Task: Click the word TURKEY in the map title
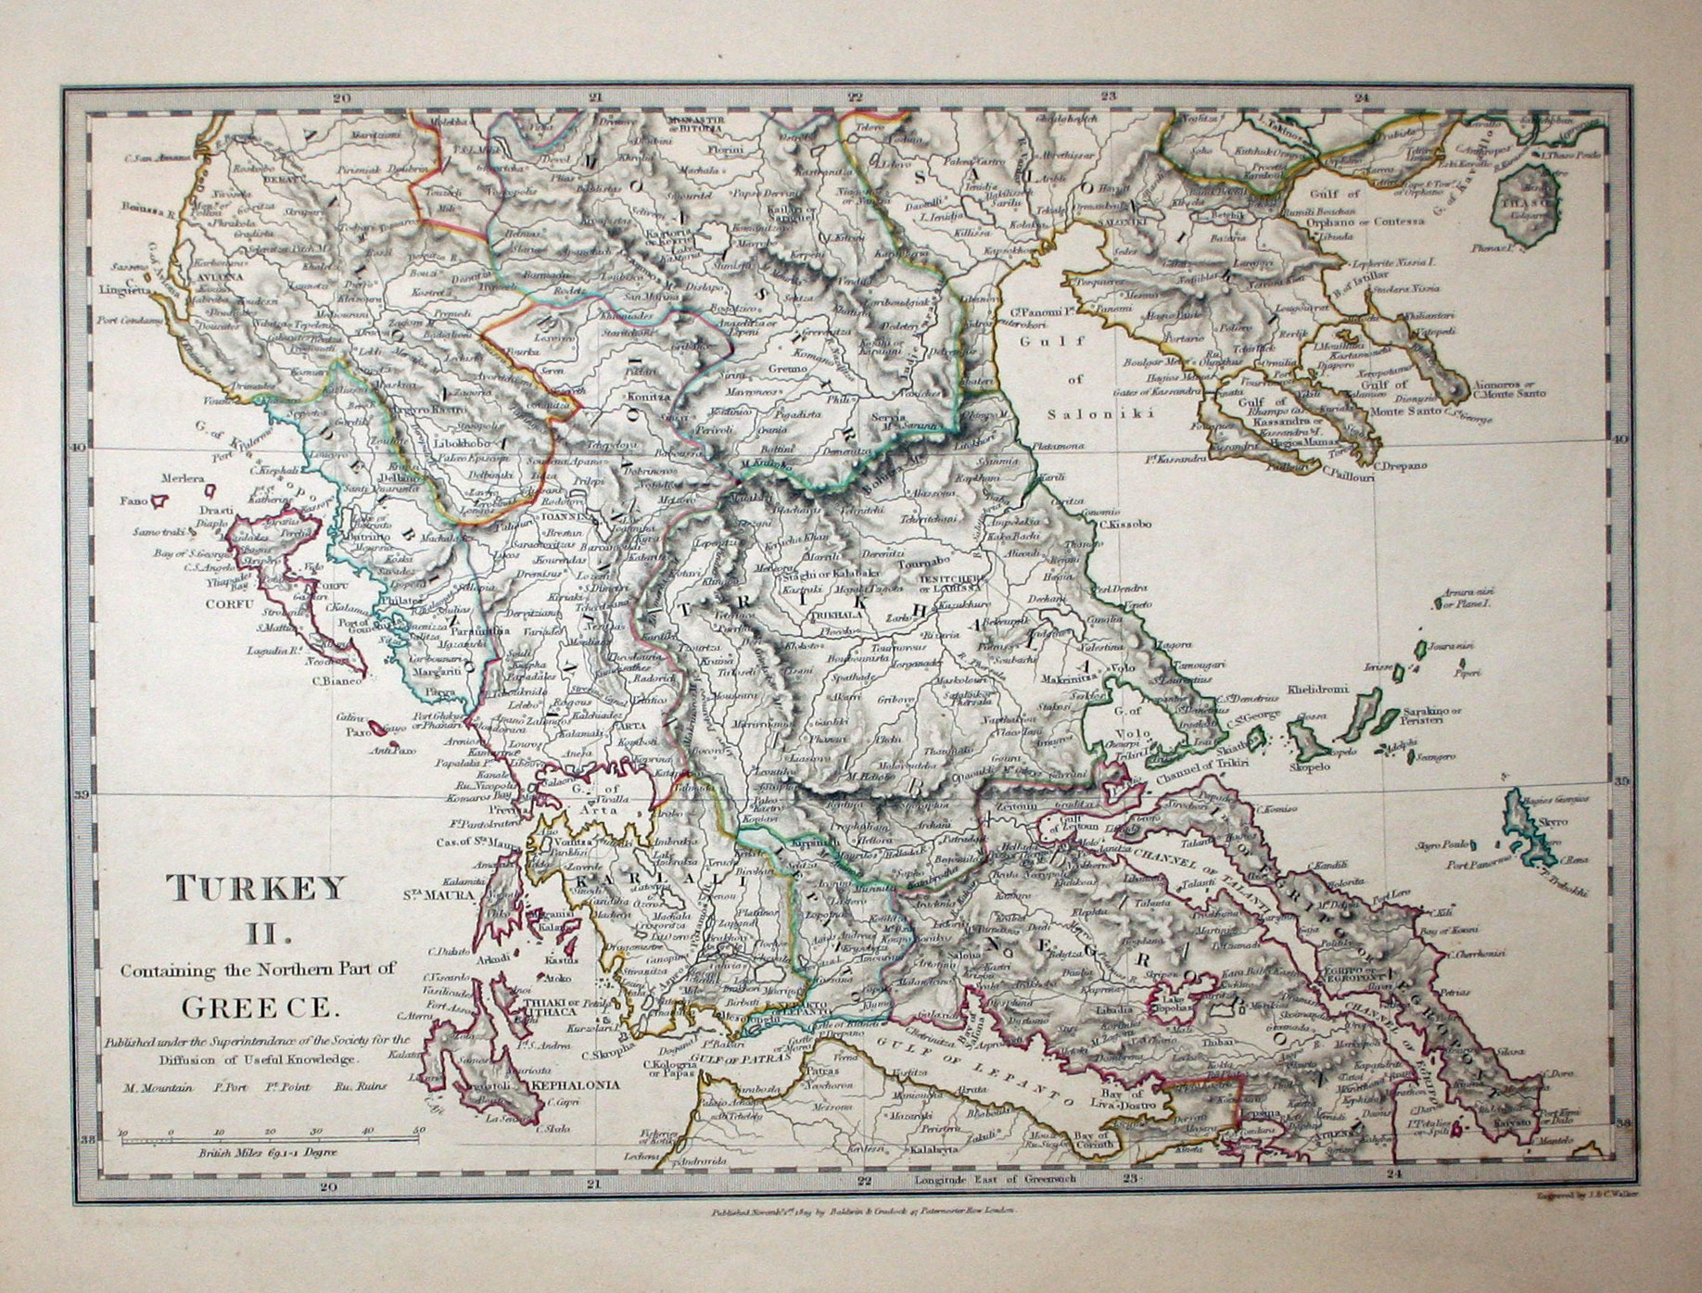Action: (x=254, y=889)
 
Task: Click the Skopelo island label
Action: (x=1306, y=767)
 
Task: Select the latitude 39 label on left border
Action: (x=81, y=794)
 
